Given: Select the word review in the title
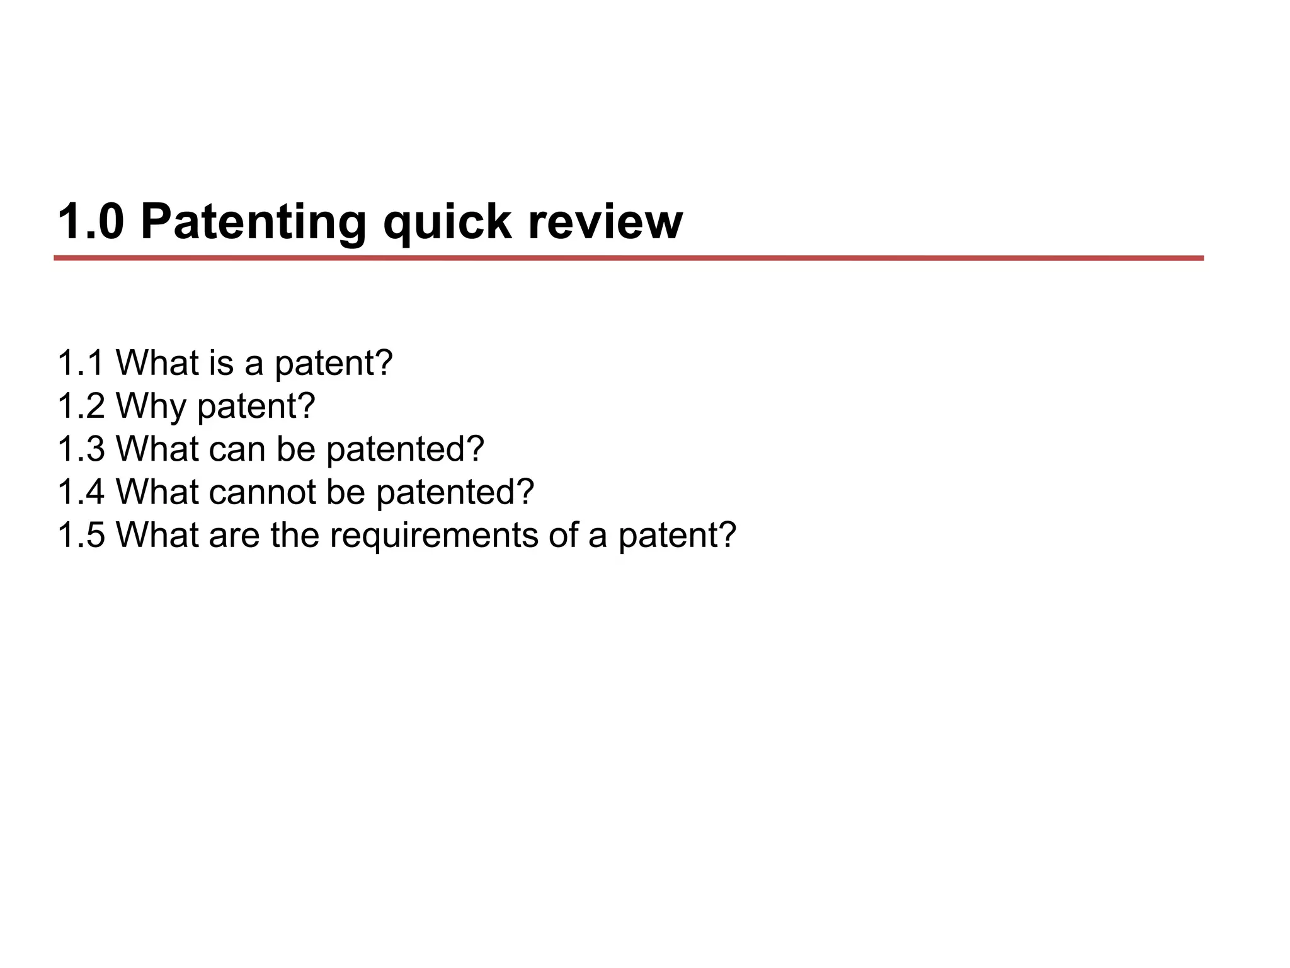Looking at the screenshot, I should (605, 222).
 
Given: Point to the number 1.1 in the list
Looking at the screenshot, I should (81, 363).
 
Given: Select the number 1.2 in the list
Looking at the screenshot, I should (81, 406).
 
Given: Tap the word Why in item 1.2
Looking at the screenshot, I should (151, 407).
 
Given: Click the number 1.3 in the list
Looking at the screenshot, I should (81, 449).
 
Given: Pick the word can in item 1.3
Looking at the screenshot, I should (237, 450).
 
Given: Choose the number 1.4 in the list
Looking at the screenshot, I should (81, 492).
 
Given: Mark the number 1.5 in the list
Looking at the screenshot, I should (81, 534).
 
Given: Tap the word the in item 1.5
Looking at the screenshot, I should (295, 534).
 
